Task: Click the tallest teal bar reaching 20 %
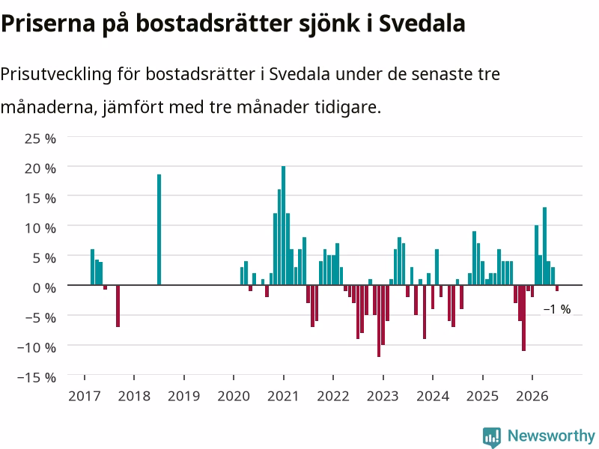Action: (x=284, y=225)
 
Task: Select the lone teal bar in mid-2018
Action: (x=159, y=230)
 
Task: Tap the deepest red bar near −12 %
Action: (x=379, y=321)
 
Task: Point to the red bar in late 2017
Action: (x=118, y=306)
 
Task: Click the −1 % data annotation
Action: (x=557, y=309)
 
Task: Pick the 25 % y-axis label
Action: (x=40, y=138)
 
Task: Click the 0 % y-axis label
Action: (x=44, y=287)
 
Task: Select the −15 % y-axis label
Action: (x=37, y=377)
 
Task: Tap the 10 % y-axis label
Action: (x=40, y=228)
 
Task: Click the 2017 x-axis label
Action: (x=85, y=396)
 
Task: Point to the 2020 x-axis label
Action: (x=234, y=396)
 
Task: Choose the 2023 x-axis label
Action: (x=383, y=396)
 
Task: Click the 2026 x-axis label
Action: (x=532, y=396)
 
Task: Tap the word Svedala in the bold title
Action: (x=422, y=23)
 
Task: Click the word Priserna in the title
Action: (x=48, y=23)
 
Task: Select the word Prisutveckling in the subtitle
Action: (x=55, y=74)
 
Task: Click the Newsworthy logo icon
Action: (x=492, y=437)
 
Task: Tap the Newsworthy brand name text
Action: (x=551, y=436)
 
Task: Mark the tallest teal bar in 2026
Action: (x=545, y=246)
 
